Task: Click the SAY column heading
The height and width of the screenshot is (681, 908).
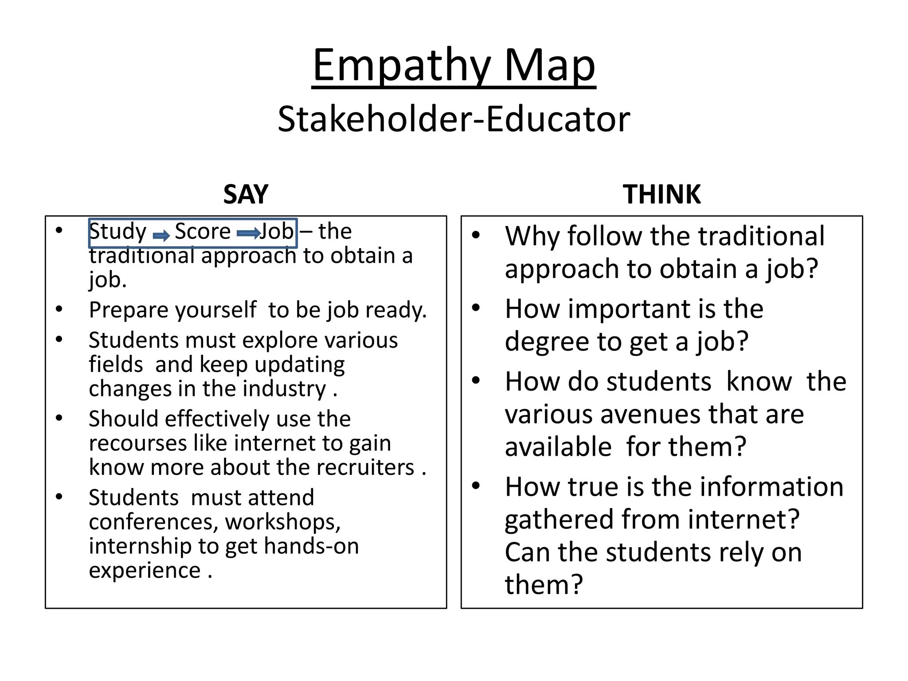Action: click(x=246, y=194)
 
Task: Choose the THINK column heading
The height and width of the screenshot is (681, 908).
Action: click(x=661, y=194)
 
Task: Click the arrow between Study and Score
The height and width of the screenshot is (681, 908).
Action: click(x=161, y=235)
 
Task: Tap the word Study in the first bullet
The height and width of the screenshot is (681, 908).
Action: click(x=117, y=232)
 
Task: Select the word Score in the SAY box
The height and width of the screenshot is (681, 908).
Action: click(x=203, y=231)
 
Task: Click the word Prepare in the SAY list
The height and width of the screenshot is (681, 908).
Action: click(x=127, y=310)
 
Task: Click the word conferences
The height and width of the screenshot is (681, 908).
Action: click(x=153, y=522)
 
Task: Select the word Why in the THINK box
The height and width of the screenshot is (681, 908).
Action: click(x=532, y=236)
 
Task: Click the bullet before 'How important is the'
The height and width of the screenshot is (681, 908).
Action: click(x=476, y=308)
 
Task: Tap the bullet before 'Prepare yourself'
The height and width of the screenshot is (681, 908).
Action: click(x=59, y=309)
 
